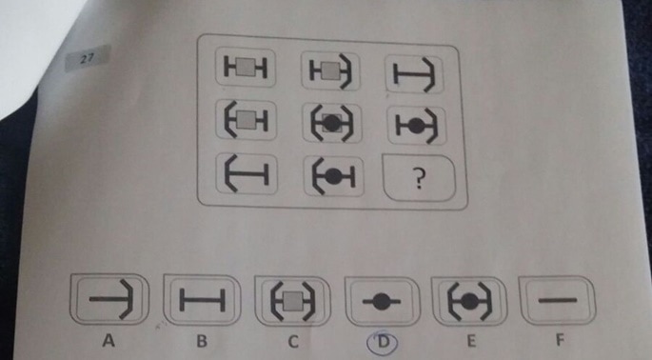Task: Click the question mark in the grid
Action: click(x=420, y=179)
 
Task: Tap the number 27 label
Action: click(x=88, y=59)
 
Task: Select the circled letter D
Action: click(x=382, y=342)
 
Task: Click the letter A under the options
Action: click(x=109, y=341)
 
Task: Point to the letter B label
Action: click(x=202, y=341)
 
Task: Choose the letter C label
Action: click(x=293, y=342)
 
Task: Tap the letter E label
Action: click(x=471, y=341)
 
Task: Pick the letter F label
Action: click(x=560, y=340)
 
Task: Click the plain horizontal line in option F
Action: click(x=558, y=300)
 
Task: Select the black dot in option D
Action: click(x=381, y=302)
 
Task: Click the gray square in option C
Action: click(x=293, y=301)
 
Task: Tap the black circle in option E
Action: click(x=469, y=301)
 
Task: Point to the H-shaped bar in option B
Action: click(x=202, y=300)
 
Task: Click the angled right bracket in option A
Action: click(x=128, y=300)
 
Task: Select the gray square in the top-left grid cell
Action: click(x=247, y=68)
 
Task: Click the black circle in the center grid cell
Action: click(x=331, y=124)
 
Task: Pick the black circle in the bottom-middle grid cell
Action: click(x=332, y=177)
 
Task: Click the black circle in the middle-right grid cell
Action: click(x=415, y=126)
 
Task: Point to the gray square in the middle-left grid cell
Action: click(x=247, y=121)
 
